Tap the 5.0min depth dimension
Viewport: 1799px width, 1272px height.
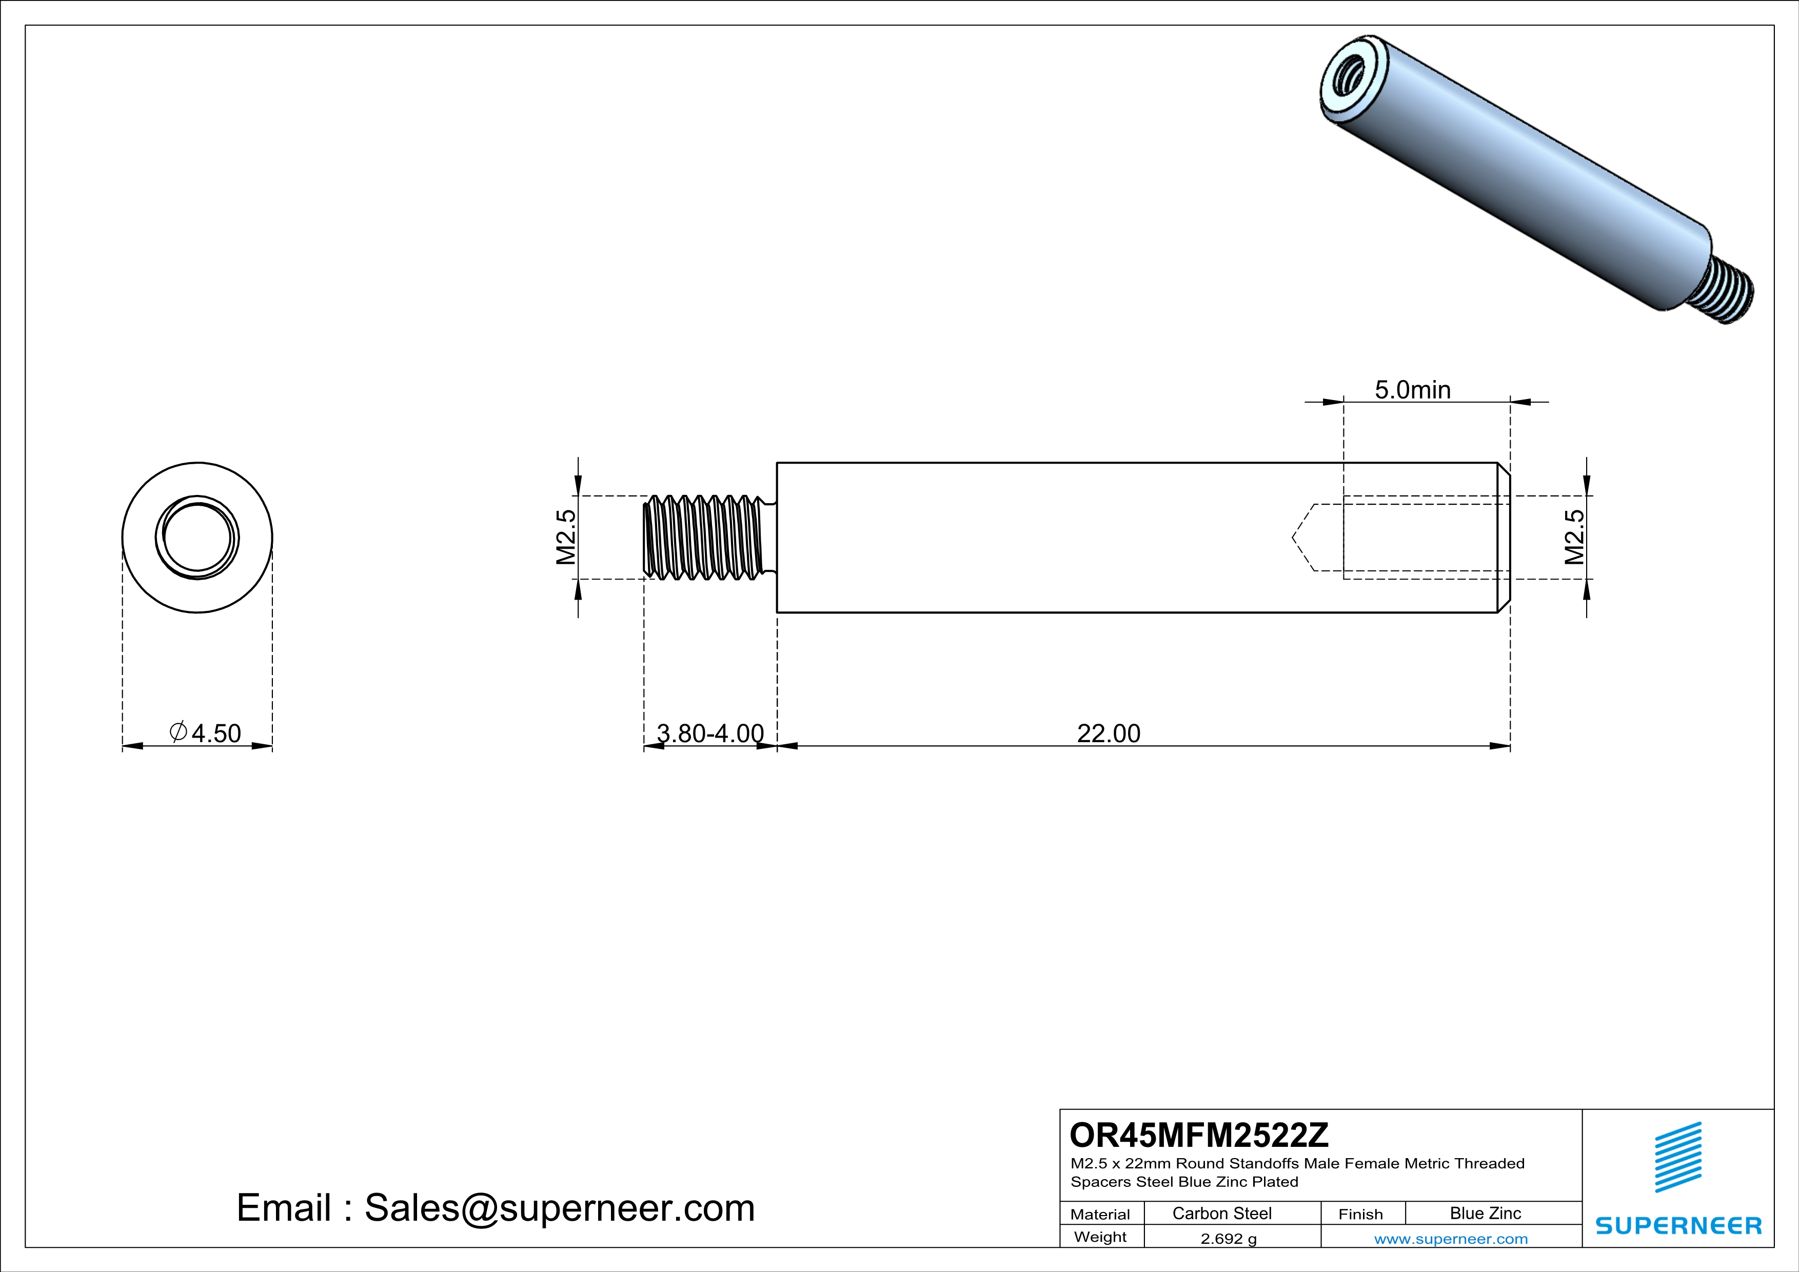pyautogui.click(x=1412, y=389)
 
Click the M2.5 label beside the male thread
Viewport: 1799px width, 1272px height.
pyautogui.click(x=566, y=538)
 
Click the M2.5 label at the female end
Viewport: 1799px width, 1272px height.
pyautogui.click(x=1574, y=538)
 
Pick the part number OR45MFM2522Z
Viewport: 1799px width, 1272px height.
pyautogui.click(x=1199, y=1135)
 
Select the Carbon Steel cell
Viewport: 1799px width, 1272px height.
pyautogui.click(x=1221, y=1213)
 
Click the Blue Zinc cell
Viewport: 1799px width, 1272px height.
pyautogui.click(x=1485, y=1213)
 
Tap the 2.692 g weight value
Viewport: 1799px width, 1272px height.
pyautogui.click(x=1228, y=1238)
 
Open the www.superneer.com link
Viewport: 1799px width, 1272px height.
pyautogui.click(x=1450, y=1238)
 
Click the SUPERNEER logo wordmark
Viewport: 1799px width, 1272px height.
pyautogui.click(x=1678, y=1226)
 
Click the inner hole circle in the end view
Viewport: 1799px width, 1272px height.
pyautogui.click(x=197, y=538)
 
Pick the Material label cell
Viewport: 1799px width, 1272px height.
pyautogui.click(x=1100, y=1214)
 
